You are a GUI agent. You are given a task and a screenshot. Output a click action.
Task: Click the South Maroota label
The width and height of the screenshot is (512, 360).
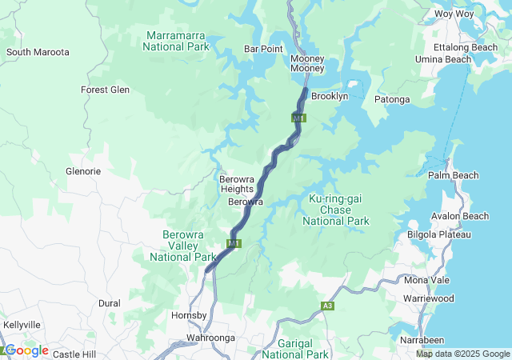pyautogui.click(x=38, y=52)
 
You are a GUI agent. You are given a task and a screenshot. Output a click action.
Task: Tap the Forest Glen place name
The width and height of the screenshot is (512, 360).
pyautogui.click(x=105, y=90)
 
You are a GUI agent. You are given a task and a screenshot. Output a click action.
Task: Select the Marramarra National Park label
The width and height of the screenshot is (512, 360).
pyautogui.click(x=177, y=41)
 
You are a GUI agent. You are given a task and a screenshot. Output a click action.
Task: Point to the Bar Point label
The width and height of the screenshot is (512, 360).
pyautogui.click(x=263, y=49)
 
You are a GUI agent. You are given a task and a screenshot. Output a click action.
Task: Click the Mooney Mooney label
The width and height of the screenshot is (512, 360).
pyautogui.click(x=307, y=64)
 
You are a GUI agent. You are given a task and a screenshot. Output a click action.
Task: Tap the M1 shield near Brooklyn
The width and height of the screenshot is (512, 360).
pyautogui.click(x=298, y=118)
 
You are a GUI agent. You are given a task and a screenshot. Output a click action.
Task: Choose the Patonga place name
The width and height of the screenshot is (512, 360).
pyautogui.click(x=392, y=99)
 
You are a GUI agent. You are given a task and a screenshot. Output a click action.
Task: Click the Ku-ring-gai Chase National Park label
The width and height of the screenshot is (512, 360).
pyautogui.click(x=337, y=210)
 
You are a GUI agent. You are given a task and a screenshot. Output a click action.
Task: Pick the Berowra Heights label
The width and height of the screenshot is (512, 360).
pyautogui.click(x=236, y=184)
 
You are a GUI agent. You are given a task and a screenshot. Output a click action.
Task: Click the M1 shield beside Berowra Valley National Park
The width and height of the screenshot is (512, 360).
pyautogui.click(x=234, y=243)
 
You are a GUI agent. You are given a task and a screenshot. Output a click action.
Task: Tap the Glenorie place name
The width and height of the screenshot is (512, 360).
pyautogui.click(x=82, y=171)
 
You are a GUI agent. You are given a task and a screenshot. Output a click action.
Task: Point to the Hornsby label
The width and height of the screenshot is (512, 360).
pyautogui.click(x=189, y=315)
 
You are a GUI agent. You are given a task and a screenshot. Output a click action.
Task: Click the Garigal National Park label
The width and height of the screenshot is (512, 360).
pyautogui.click(x=295, y=348)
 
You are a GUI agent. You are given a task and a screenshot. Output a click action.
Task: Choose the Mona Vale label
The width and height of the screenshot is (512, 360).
pyautogui.click(x=427, y=280)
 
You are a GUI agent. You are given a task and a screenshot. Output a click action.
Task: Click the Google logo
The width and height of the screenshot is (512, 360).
pyautogui.click(x=26, y=350)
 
